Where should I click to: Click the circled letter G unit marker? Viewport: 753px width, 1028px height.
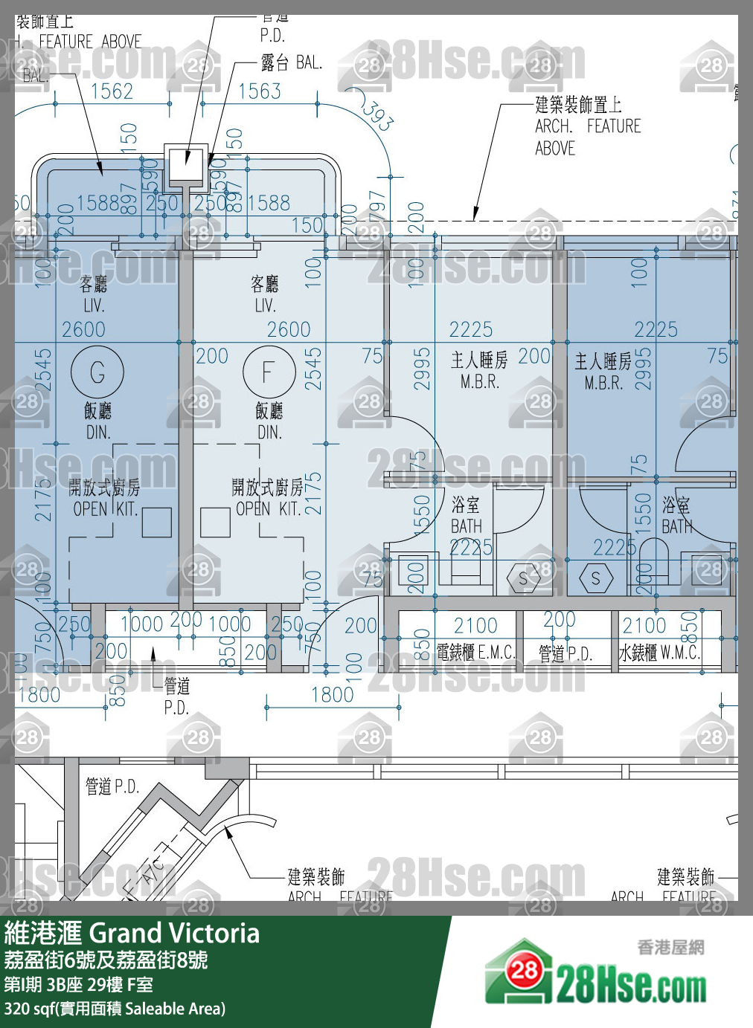point(97,372)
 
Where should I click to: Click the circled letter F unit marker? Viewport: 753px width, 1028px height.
point(269,372)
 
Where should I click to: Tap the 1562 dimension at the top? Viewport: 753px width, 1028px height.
point(112,91)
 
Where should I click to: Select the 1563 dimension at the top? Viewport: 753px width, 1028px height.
point(260,91)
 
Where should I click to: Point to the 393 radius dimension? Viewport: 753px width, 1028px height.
point(379,115)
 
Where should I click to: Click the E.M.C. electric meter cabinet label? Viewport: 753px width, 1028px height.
point(475,653)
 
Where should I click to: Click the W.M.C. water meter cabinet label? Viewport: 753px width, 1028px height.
point(659,653)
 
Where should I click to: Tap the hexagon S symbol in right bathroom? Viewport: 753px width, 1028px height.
point(595,578)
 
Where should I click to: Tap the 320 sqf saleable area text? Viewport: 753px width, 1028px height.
point(115,1009)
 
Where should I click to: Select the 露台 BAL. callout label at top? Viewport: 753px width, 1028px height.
point(291,62)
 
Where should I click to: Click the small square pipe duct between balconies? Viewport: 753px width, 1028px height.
point(185,162)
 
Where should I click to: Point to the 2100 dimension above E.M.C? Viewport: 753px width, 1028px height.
point(475,626)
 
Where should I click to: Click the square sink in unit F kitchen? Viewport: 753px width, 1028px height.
point(215,523)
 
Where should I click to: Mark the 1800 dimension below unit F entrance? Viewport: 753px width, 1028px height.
point(332,695)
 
